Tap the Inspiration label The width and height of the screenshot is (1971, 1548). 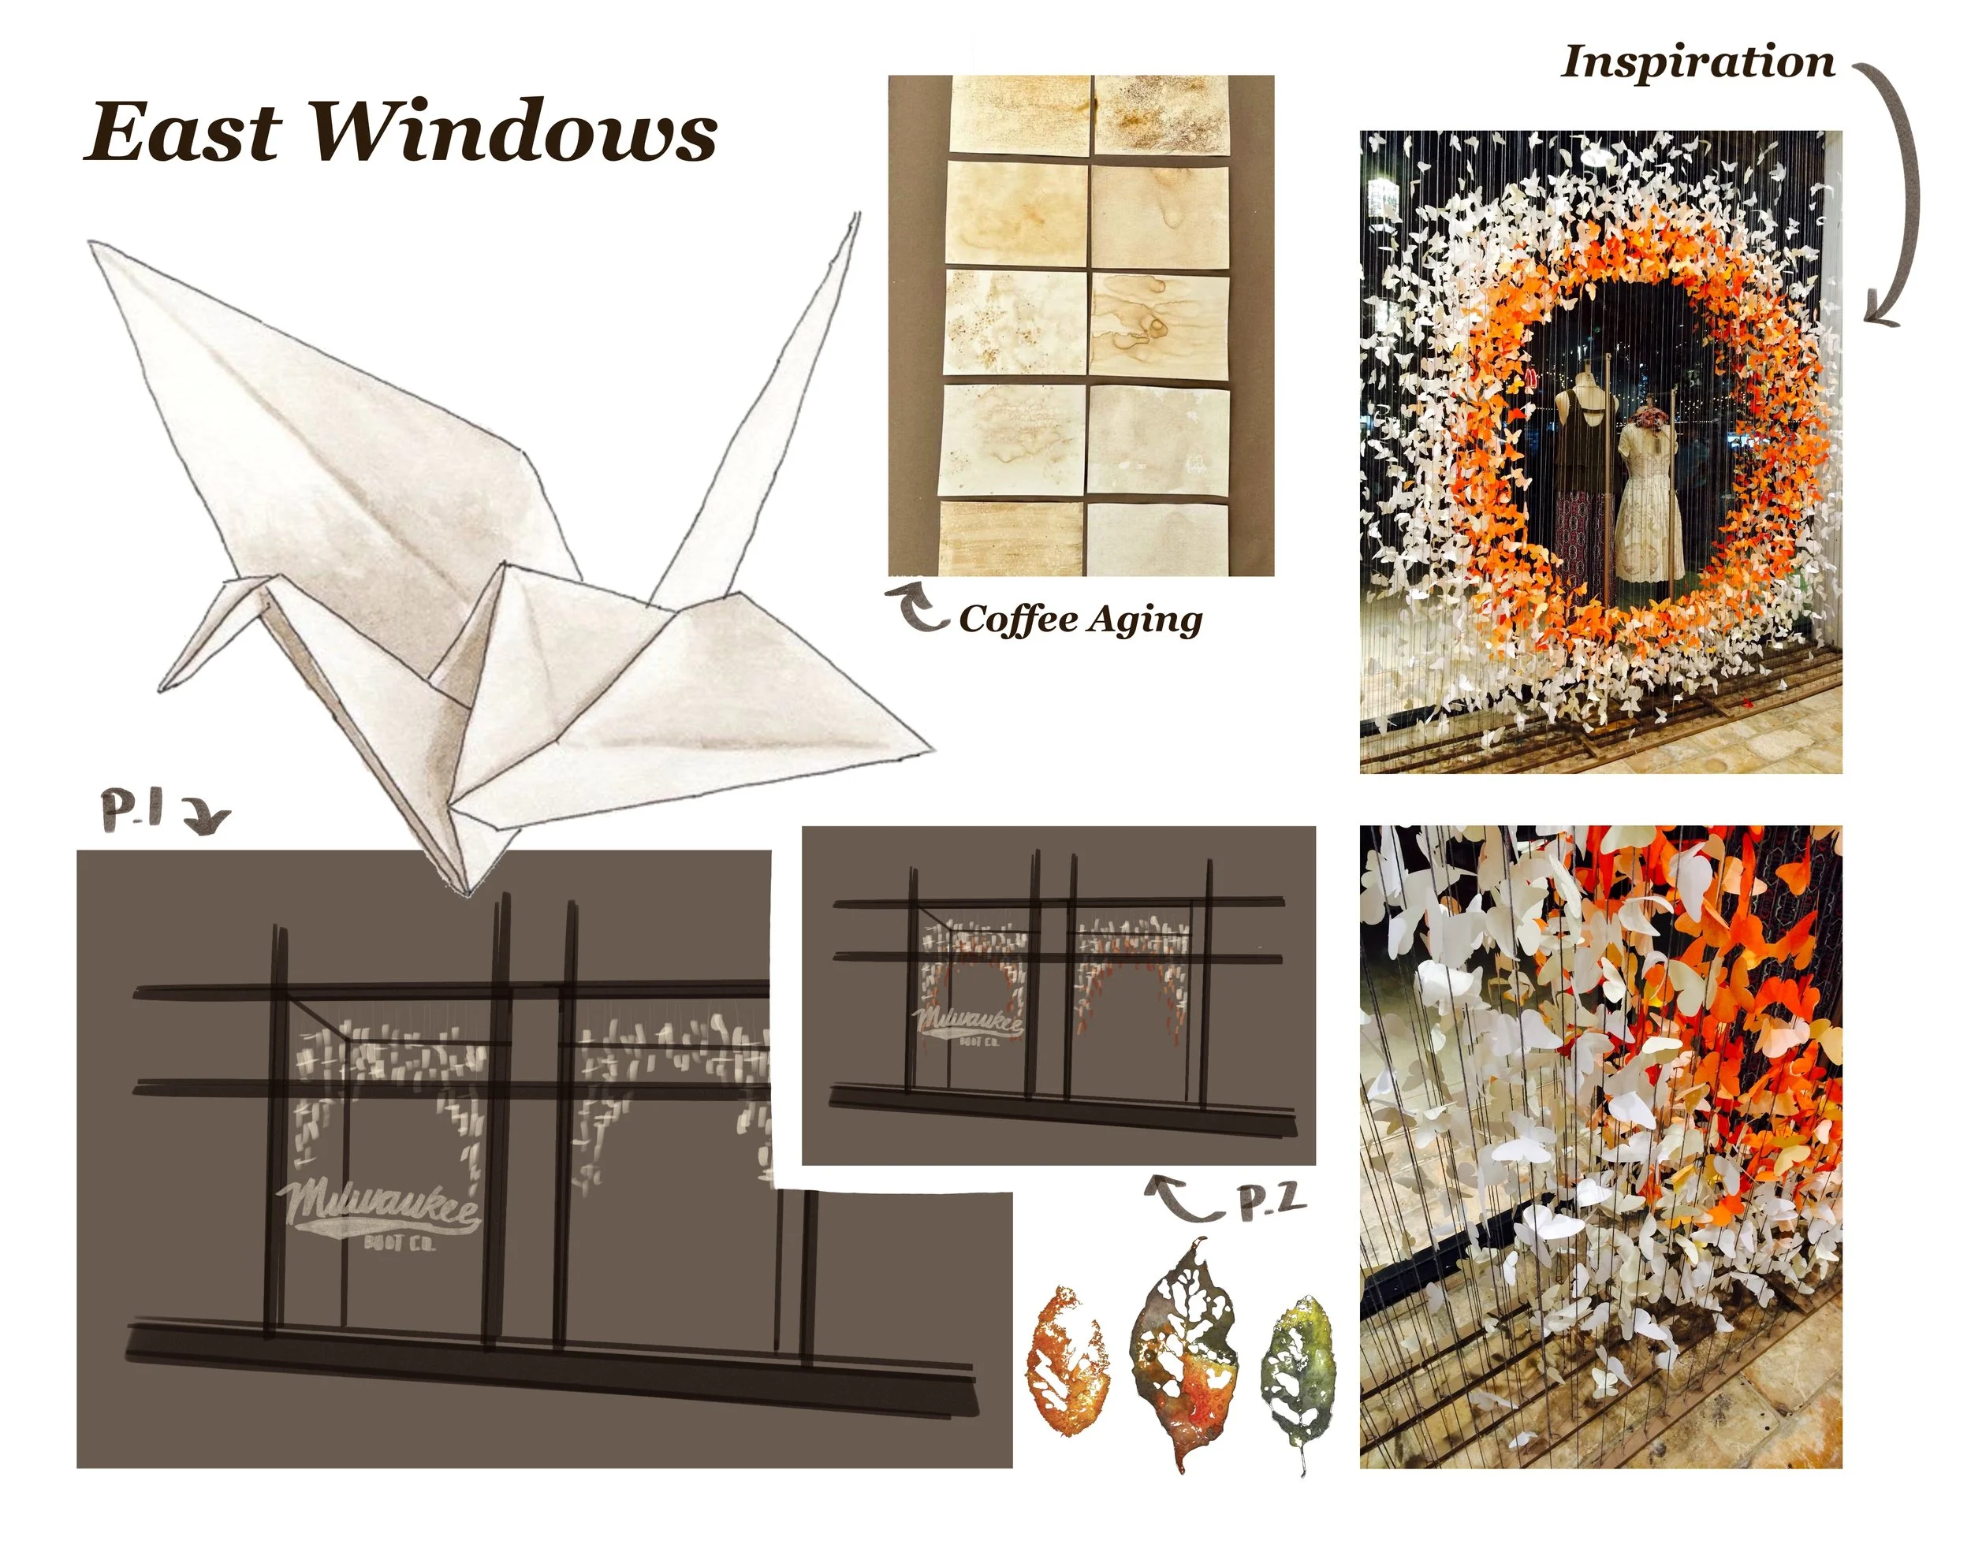pos(1697,62)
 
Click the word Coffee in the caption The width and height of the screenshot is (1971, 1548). pos(1017,620)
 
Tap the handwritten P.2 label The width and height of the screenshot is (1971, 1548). pos(1274,1202)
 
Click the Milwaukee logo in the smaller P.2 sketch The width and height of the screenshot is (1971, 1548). pos(969,1027)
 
